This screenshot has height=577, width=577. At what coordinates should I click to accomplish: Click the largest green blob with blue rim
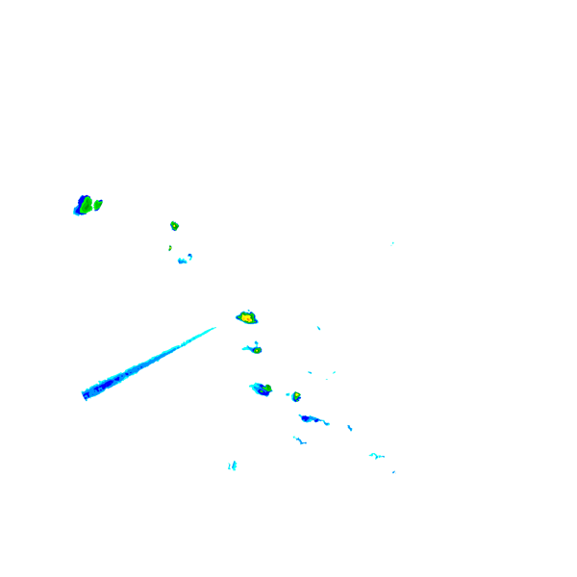click(x=85, y=205)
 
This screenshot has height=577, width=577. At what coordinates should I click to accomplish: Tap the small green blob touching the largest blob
click(x=98, y=204)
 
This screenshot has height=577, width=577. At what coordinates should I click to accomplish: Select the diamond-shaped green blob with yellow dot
click(x=174, y=225)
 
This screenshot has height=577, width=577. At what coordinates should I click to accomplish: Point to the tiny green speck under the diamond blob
click(x=170, y=247)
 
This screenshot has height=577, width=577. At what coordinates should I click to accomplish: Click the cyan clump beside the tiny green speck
click(x=184, y=259)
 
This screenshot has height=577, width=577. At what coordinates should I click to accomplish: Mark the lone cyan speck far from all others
click(x=392, y=243)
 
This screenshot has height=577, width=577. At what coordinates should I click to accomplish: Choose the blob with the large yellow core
click(x=247, y=316)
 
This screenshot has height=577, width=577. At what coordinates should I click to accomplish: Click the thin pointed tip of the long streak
click(x=213, y=328)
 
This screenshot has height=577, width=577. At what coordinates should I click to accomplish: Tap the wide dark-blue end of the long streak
click(x=88, y=392)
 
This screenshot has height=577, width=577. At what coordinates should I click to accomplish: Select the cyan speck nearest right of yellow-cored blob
click(x=318, y=328)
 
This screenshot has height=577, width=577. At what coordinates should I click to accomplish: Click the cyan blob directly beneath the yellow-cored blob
click(x=254, y=348)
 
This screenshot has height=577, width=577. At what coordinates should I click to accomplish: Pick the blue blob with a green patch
click(x=262, y=389)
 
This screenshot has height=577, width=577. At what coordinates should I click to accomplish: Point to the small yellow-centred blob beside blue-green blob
click(x=295, y=396)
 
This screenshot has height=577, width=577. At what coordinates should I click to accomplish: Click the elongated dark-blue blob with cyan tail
click(x=311, y=418)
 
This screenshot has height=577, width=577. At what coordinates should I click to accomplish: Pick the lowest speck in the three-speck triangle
click(x=326, y=379)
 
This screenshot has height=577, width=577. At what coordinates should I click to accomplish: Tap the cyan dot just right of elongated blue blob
click(x=350, y=427)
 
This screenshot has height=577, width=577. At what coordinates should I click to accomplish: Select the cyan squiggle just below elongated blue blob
click(x=299, y=439)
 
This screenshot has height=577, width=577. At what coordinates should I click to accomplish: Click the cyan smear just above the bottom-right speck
click(x=376, y=455)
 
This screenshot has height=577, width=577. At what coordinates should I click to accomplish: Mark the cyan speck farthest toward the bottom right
click(x=393, y=471)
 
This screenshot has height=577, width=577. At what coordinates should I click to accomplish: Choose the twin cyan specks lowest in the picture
click(x=232, y=465)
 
